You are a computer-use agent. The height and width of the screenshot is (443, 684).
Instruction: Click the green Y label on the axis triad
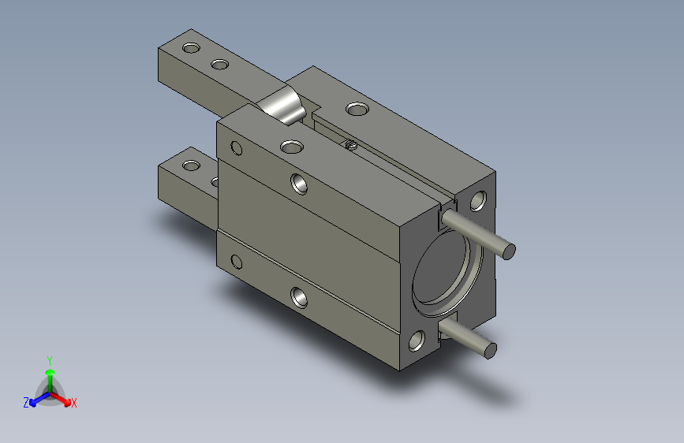(50, 360)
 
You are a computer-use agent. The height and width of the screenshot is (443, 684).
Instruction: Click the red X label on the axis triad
(73, 403)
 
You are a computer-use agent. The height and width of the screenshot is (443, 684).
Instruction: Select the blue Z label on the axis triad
(26, 403)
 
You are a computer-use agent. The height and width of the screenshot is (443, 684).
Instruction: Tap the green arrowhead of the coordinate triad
(50, 373)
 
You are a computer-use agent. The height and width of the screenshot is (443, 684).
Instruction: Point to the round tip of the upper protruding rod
(509, 251)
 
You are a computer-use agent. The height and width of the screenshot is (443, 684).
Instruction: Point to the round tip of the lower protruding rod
(491, 351)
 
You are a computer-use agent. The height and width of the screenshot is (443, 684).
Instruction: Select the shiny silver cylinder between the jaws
(282, 105)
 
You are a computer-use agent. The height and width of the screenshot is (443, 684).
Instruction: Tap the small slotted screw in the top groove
(351, 144)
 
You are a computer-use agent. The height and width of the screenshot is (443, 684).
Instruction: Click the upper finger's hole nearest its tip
(191, 47)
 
